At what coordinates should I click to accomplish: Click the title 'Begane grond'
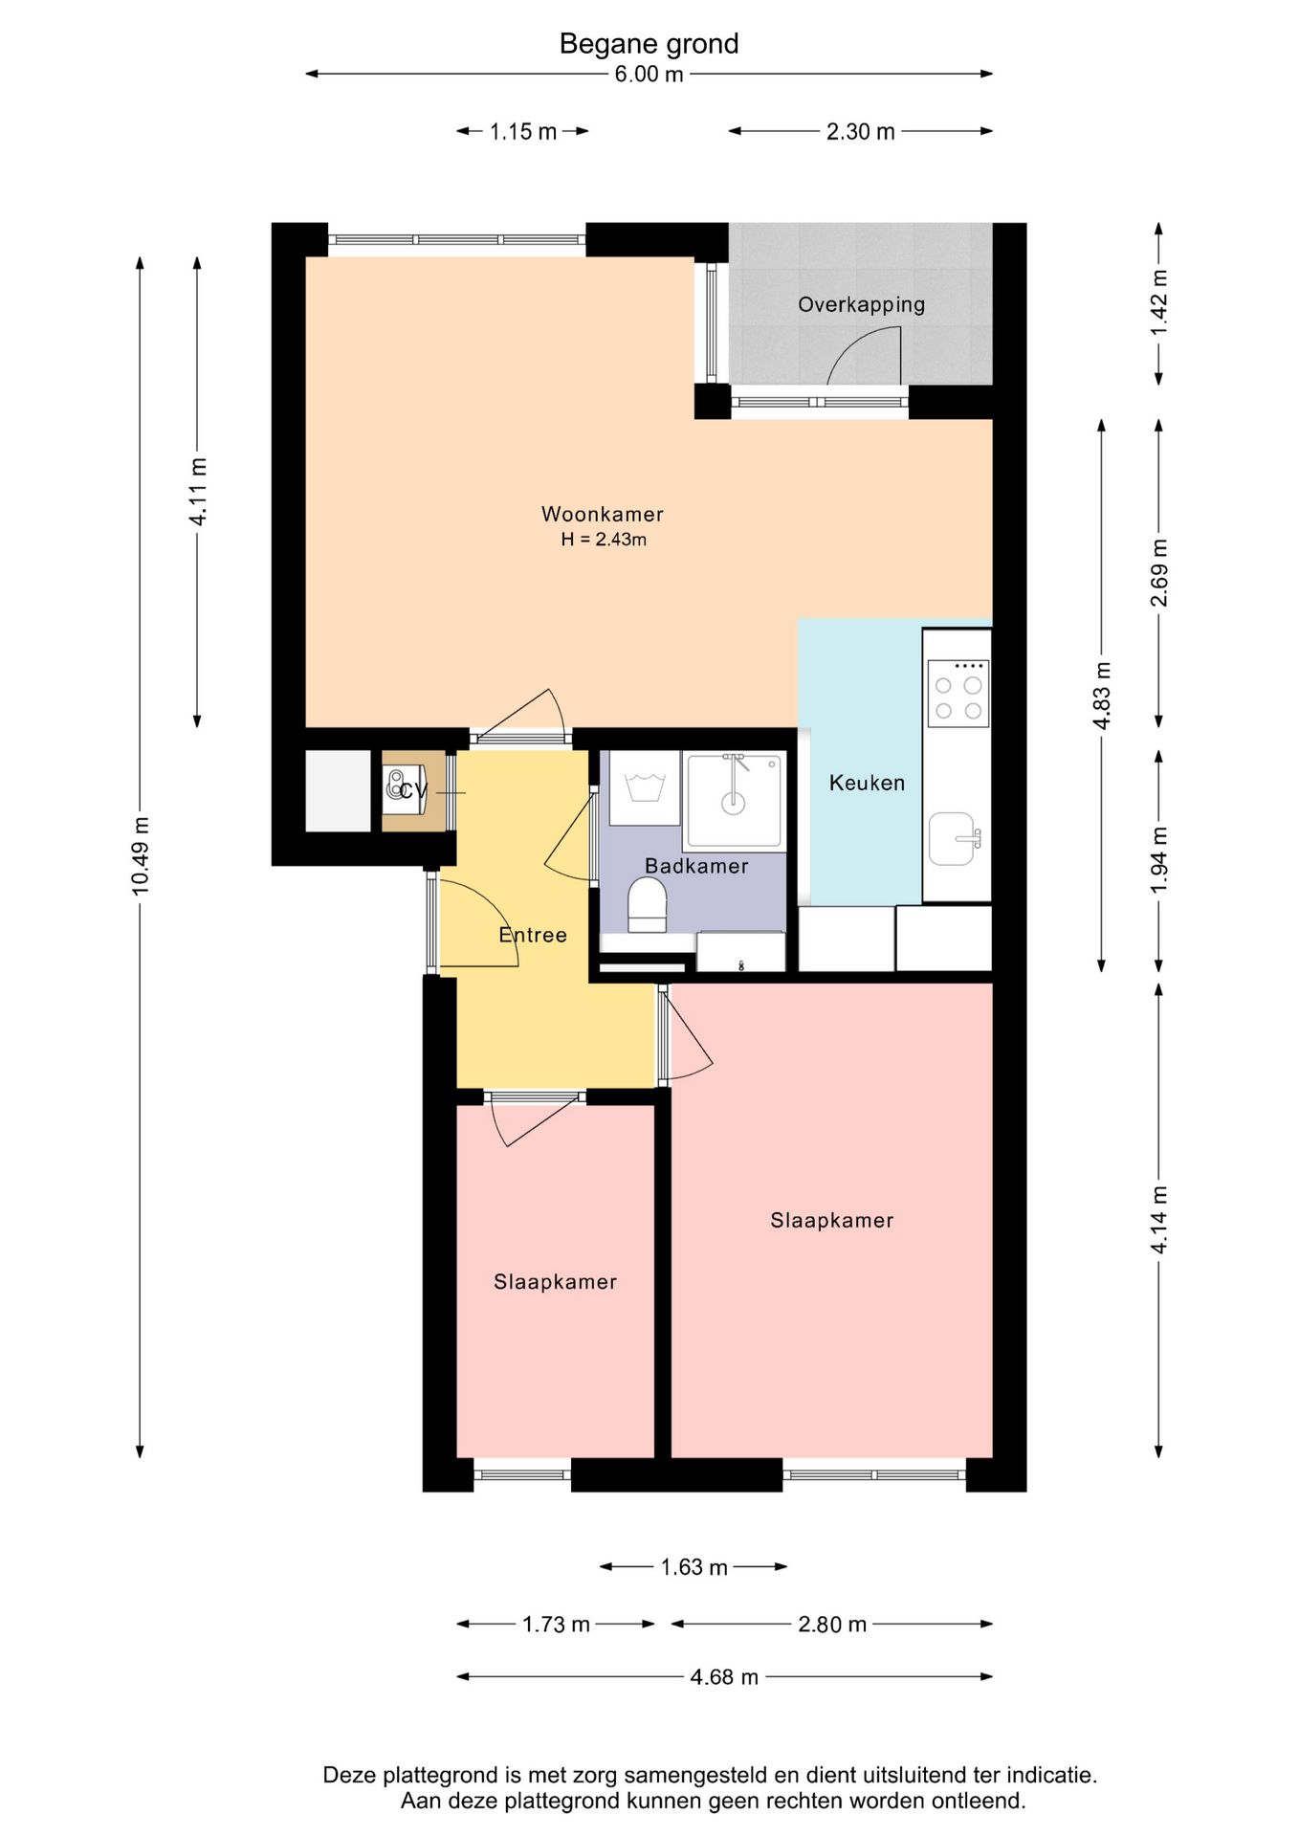pos(649,44)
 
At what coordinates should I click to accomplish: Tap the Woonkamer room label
pos(602,514)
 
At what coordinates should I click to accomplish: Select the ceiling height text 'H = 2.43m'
pos(604,540)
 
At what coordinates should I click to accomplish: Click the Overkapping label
pos(861,304)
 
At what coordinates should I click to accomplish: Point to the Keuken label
pos(867,783)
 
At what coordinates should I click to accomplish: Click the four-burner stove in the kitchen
pos(958,694)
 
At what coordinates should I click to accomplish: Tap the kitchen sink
pos(955,839)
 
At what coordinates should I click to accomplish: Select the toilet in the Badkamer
pos(647,905)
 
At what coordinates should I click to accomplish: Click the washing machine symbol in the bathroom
pos(644,788)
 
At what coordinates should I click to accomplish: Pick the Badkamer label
pos(696,866)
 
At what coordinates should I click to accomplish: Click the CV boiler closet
pos(413,790)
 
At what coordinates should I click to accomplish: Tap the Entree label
pos(533,935)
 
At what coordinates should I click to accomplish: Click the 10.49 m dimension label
pos(141,856)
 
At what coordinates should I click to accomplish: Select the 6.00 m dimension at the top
pos(649,74)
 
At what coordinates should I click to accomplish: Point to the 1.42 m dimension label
pos(1158,302)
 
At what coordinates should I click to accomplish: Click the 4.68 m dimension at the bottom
pos(724,1676)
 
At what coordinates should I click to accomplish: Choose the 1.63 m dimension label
pos(694,1566)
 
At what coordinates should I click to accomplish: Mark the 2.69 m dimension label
pos(1158,573)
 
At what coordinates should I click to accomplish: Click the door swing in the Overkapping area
pos(865,354)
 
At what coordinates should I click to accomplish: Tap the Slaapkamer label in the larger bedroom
pos(832,1220)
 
